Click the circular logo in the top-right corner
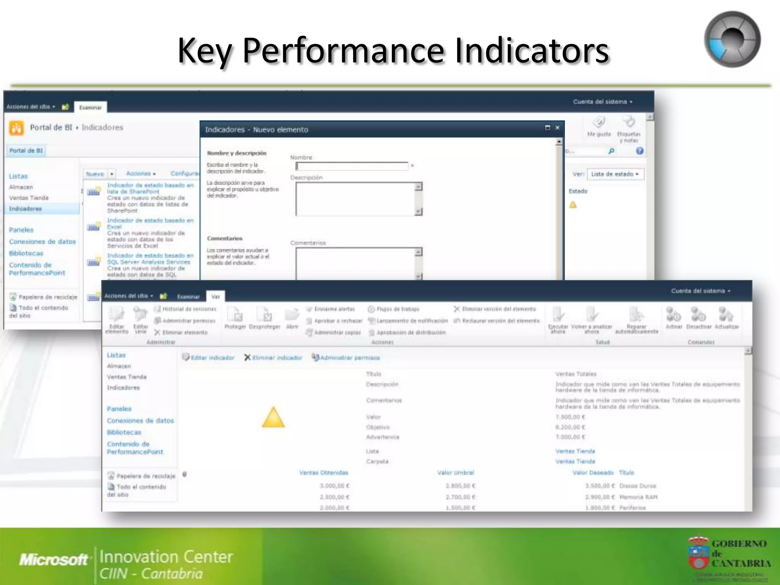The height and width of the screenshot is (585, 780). pyautogui.click(x=732, y=40)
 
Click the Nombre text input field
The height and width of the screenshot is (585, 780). pyautogui.click(x=352, y=166)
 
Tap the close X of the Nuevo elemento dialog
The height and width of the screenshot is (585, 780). pyautogui.click(x=557, y=128)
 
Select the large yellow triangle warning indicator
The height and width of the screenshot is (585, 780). pyautogui.click(x=273, y=418)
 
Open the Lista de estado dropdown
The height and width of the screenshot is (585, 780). pyautogui.click(x=615, y=174)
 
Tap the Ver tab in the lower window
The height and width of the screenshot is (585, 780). pyautogui.click(x=216, y=297)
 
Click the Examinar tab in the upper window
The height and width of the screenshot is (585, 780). pyautogui.click(x=90, y=107)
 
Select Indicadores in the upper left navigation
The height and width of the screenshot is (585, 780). pyautogui.click(x=26, y=209)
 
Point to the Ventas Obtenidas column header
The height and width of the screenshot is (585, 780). pyautogui.click(x=323, y=473)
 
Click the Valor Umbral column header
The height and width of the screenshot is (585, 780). pyautogui.click(x=456, y=473)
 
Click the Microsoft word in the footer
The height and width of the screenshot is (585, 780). pyautogui.click(x=54, y=559)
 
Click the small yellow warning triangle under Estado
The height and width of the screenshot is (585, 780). pyautogui.click(x=573, y=205)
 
